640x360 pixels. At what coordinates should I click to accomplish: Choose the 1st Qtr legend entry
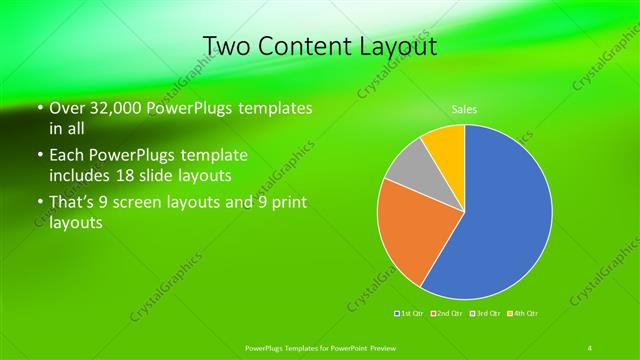tap(408, 315)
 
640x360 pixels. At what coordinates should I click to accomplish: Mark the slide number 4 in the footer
tap(591, 347)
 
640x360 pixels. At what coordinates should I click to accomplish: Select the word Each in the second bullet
tap(67, 155)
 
